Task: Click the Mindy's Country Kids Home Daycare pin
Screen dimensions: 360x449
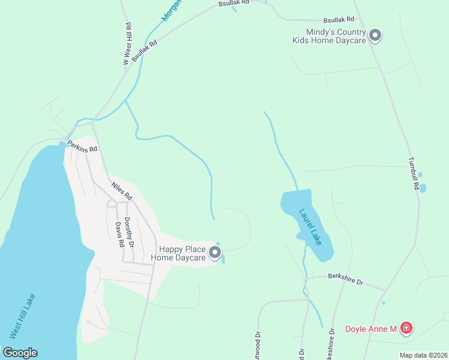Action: tap(375, 36)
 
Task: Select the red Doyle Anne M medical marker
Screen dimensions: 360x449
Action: tap(406, 328)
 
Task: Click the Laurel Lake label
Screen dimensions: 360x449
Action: tap(310, 226)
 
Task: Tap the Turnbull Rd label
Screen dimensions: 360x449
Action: tap(414, 174)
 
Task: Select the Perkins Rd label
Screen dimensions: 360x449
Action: tap(82, 146)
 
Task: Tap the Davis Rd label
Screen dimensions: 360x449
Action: tap(119, 235)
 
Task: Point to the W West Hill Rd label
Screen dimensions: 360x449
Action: tap(127, 44)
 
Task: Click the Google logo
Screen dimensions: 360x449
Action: tap(20, 353)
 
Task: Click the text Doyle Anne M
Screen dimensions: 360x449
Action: tap(371, 329)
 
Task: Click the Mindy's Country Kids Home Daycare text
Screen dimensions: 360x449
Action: tap(328, 36)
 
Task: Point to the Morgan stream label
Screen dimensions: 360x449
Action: tap(172, 11)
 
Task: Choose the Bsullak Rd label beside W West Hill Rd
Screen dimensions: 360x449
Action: tap(145, 51)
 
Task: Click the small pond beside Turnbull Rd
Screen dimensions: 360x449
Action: tap(423, 188)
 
